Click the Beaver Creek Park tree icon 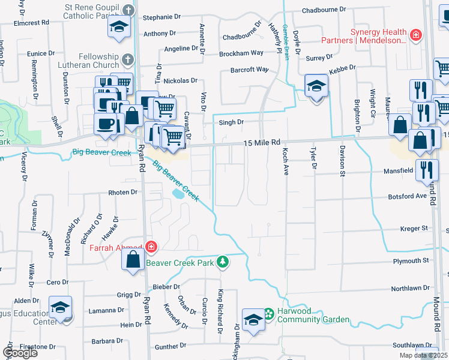(x=223, y=262)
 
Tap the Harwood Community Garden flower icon (x=268, y=313)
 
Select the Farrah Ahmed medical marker (x=151, y=247)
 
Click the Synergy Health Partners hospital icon (x=415, y=35)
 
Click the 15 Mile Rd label (x=262, y=143)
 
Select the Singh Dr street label (x=231, y=122)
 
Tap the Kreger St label (x=414, y=229)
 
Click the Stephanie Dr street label (x=161, y=18)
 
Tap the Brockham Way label (x=241, y=53)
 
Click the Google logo (x=20, y=352)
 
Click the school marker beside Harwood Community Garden (x=253, y=319)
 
